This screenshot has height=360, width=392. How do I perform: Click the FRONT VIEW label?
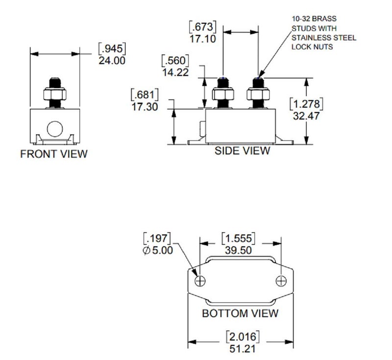(54, 154)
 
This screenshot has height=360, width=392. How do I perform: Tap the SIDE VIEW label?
(242, 151)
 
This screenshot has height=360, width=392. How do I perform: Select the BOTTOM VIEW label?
(240, 313)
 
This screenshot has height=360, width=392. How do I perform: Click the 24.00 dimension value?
(112, 61)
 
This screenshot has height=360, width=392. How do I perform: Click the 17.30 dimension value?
(145, 105)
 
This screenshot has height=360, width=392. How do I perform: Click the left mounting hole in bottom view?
(200, 281)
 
